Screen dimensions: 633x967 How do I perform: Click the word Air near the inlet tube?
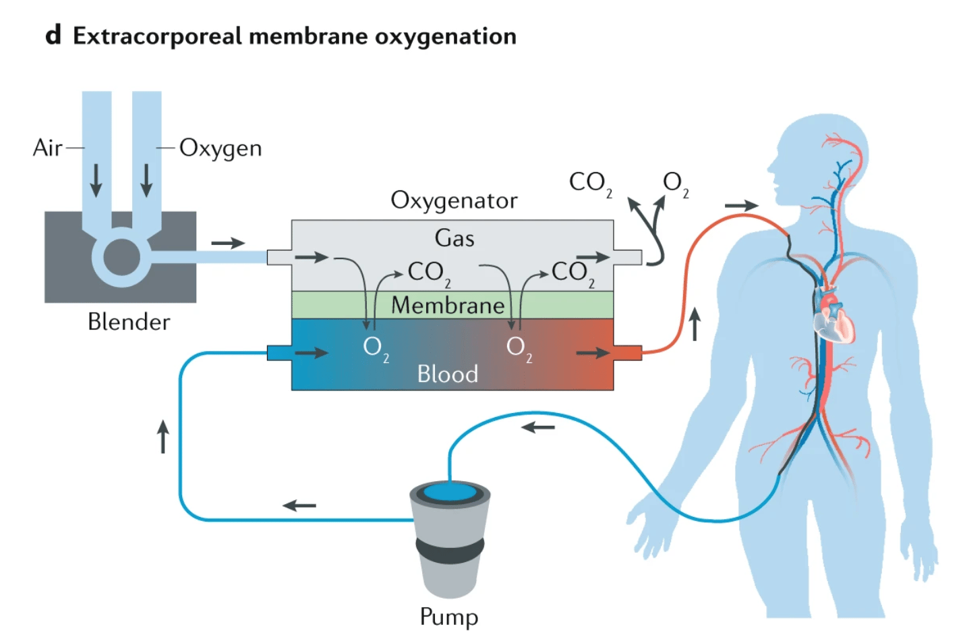47,148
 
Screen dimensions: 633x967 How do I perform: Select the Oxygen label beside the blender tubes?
221,148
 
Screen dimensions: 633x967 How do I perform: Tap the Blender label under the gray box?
129,322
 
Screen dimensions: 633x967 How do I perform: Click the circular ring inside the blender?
121,257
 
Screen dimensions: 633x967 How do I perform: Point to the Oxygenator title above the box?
454,200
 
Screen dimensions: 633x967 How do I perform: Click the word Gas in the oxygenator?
454,238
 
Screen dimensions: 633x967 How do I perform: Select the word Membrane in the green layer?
448,306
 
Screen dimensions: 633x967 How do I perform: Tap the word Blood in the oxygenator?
447,374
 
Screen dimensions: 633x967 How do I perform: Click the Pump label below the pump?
448,616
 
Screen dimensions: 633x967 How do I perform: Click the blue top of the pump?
449,492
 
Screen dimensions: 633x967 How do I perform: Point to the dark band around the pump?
450,549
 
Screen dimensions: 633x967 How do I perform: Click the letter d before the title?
53,35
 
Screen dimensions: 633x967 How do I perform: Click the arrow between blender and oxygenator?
228,243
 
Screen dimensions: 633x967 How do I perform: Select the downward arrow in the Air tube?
96,180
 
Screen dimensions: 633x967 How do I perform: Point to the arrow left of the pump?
299,505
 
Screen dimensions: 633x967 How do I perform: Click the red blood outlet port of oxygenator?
627,352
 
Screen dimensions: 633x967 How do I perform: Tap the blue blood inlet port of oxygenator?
279,352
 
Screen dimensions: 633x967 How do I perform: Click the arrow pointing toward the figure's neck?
741,206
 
